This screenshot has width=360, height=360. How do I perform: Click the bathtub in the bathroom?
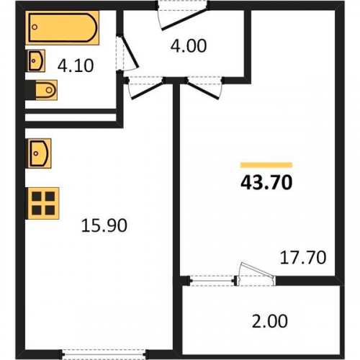point(62,27)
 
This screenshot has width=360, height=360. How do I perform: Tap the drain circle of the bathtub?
point(35,27)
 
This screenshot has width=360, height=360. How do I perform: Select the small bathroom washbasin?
point(35,60)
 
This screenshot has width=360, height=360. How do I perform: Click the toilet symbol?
point(45,90)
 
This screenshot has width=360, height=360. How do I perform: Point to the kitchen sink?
point(39,153)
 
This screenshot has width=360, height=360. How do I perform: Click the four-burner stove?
point(42,203)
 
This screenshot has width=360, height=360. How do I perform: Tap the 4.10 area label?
point(76,66)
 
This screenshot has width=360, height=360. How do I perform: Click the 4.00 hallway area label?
point(189,46)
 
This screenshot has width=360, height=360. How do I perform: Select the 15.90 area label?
point(104,226)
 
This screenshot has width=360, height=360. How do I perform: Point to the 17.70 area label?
point(303,258)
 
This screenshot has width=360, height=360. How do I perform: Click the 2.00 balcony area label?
point(270,321)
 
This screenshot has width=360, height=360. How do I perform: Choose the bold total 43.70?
point(266,182)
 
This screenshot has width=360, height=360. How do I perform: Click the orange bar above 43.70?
point(266,165)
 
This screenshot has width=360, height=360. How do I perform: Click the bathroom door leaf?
point(128,52)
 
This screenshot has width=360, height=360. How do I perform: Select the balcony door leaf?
point(258,271)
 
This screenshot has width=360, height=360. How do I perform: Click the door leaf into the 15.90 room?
point(148,89)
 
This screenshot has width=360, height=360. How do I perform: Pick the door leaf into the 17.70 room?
point(203,89)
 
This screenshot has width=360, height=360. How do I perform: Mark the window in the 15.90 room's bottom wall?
point(104,354)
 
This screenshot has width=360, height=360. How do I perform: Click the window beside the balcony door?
point(212,280)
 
